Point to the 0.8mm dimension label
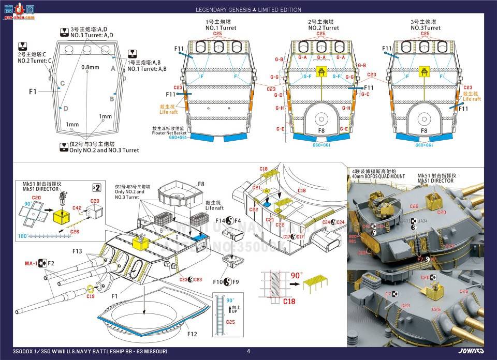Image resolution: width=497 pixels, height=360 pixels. click(x=90, y=67)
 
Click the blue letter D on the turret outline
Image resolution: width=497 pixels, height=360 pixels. click(x=66, y=108)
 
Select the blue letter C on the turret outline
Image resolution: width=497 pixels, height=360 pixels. click(x=62, y=83)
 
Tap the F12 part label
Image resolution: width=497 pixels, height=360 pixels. click(x=192, y=334)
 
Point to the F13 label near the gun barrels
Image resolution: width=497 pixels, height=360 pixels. click(x=77, y=251)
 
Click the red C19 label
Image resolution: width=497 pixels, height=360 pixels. click(x=91, y=297)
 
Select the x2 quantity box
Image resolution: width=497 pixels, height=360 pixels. click(x=96, y=187)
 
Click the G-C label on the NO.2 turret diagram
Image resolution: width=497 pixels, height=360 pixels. click(x=365, y=94)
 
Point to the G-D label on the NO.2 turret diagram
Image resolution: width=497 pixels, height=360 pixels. click(x=279, y=95)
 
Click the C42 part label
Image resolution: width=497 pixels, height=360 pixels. click(x=77, y=208)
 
